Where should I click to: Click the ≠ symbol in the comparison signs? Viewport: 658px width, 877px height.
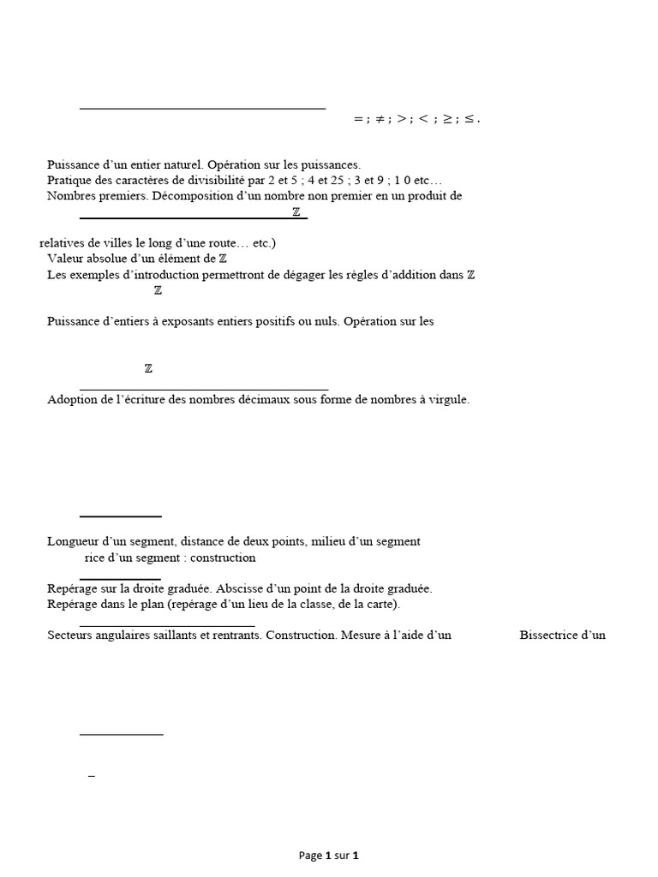pyautogui.click(x=380, y=120)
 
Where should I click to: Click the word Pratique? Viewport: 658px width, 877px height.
pyautogui.click(x=69, y=180)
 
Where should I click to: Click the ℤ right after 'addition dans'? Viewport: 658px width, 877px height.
pyautogui.click(x=470, y=274)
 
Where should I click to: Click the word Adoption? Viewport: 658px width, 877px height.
pyautogui.click(x=72, y=399)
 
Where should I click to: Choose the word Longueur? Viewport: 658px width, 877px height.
pyautogui.click(x=75, y=541)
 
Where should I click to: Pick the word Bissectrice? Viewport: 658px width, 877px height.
pyautogui.click(x=549, y=635)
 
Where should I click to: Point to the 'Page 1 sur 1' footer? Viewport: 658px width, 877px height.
pyautogui.click(x=328, y=855)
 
